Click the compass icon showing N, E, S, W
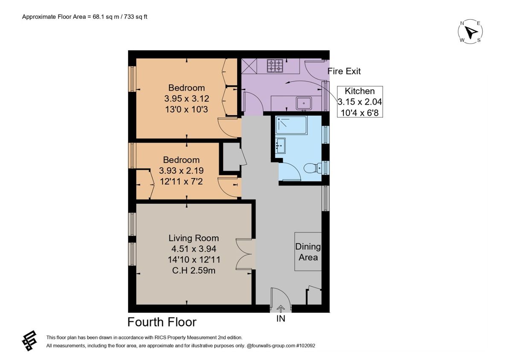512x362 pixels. coord(470,32)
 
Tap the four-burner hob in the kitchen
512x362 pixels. coord(275,65)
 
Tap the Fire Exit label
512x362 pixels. coord(344,71)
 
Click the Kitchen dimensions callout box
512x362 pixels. coord(360,102)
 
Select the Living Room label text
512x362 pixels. coord(194,238)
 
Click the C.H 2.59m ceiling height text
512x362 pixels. coord(194,270)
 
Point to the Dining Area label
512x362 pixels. coord(308,252)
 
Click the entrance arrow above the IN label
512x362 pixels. coord(281,308)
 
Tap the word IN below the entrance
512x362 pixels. coord(281,318)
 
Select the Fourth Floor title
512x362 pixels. coord(162,321)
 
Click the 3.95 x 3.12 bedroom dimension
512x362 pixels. coord(186,99)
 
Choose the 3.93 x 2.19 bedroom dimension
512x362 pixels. coord(181,170)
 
